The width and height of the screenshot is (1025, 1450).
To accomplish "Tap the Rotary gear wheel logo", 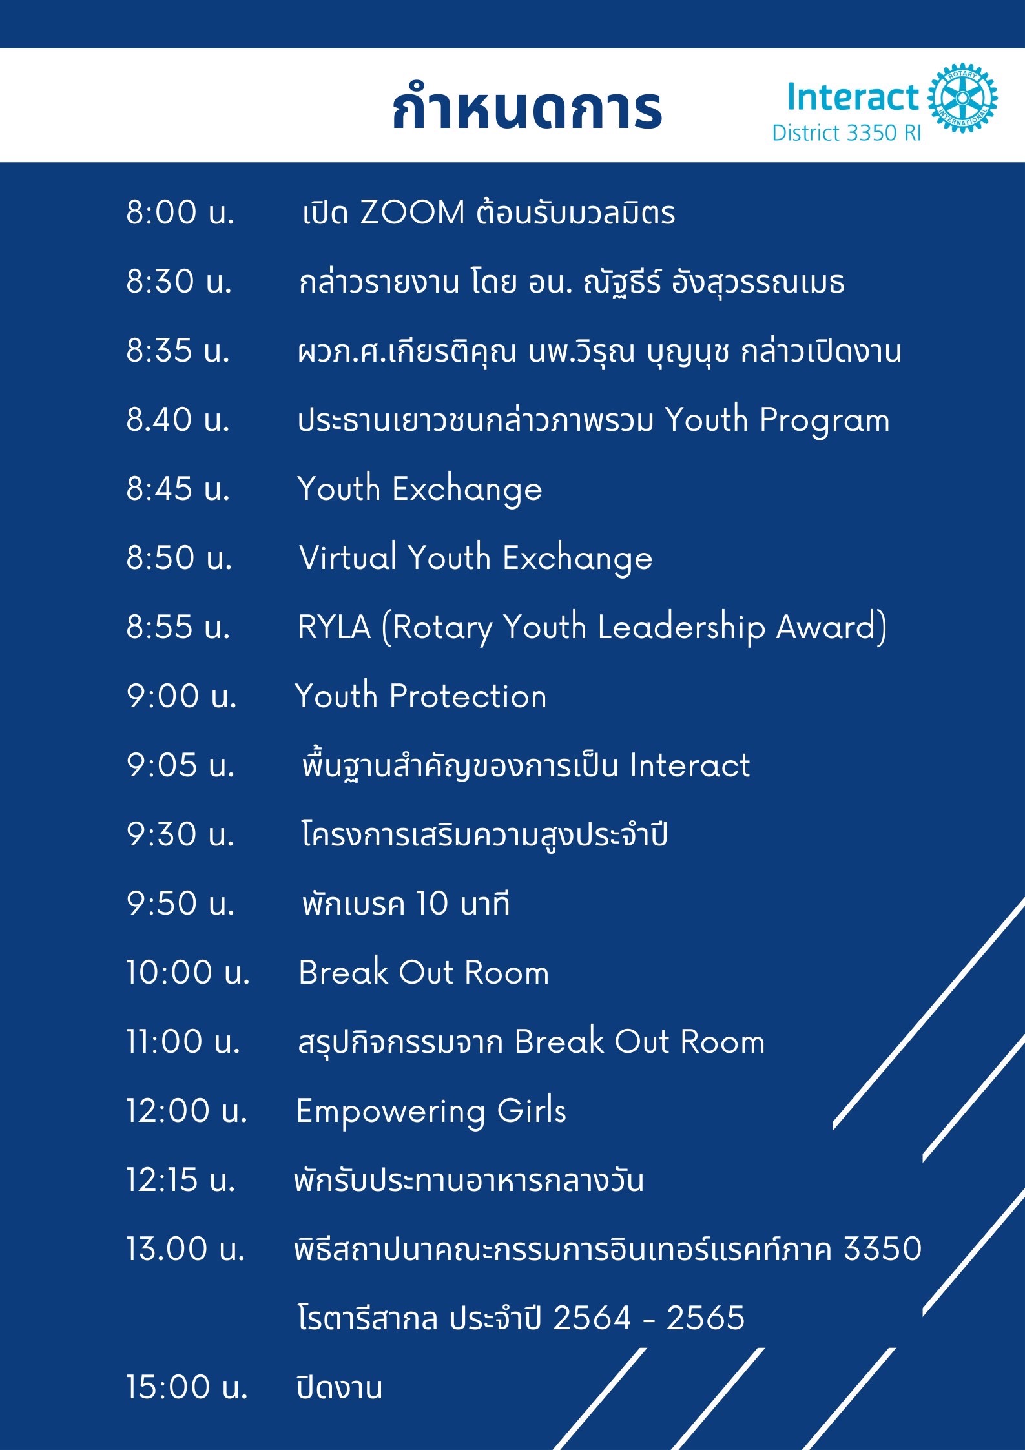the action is coord(962,98).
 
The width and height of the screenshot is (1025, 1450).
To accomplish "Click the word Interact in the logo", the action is coord(853,97).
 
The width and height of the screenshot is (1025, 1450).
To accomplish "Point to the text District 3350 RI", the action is coord(846,133).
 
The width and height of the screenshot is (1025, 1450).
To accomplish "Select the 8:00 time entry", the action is coord(180,212).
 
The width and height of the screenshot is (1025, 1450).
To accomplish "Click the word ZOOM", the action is coord(412,212).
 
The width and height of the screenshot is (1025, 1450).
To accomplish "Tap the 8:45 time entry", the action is coord(178,488).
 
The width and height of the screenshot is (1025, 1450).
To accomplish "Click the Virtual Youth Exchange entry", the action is coord(475,558).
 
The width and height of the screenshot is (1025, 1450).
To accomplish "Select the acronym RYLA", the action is coord(334,627).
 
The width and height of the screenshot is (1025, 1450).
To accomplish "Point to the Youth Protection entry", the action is coord(421,696).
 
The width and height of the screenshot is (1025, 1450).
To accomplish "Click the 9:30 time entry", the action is coord(180,834).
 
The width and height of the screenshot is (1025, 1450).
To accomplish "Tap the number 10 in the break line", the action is coord(431,903).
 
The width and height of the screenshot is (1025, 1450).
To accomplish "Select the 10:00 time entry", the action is coord(187,972).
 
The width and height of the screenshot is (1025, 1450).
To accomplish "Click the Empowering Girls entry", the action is coord(431,1112).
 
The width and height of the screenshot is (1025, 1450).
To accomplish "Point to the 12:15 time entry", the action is coord(180,1179).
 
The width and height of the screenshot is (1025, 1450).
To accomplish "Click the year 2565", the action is coord(705,1318).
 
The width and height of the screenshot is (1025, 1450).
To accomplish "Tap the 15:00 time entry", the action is coord(187,1387).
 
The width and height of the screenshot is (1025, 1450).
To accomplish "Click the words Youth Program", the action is coord(778,420).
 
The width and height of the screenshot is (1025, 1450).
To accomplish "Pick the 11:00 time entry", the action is coord(183,1041).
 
